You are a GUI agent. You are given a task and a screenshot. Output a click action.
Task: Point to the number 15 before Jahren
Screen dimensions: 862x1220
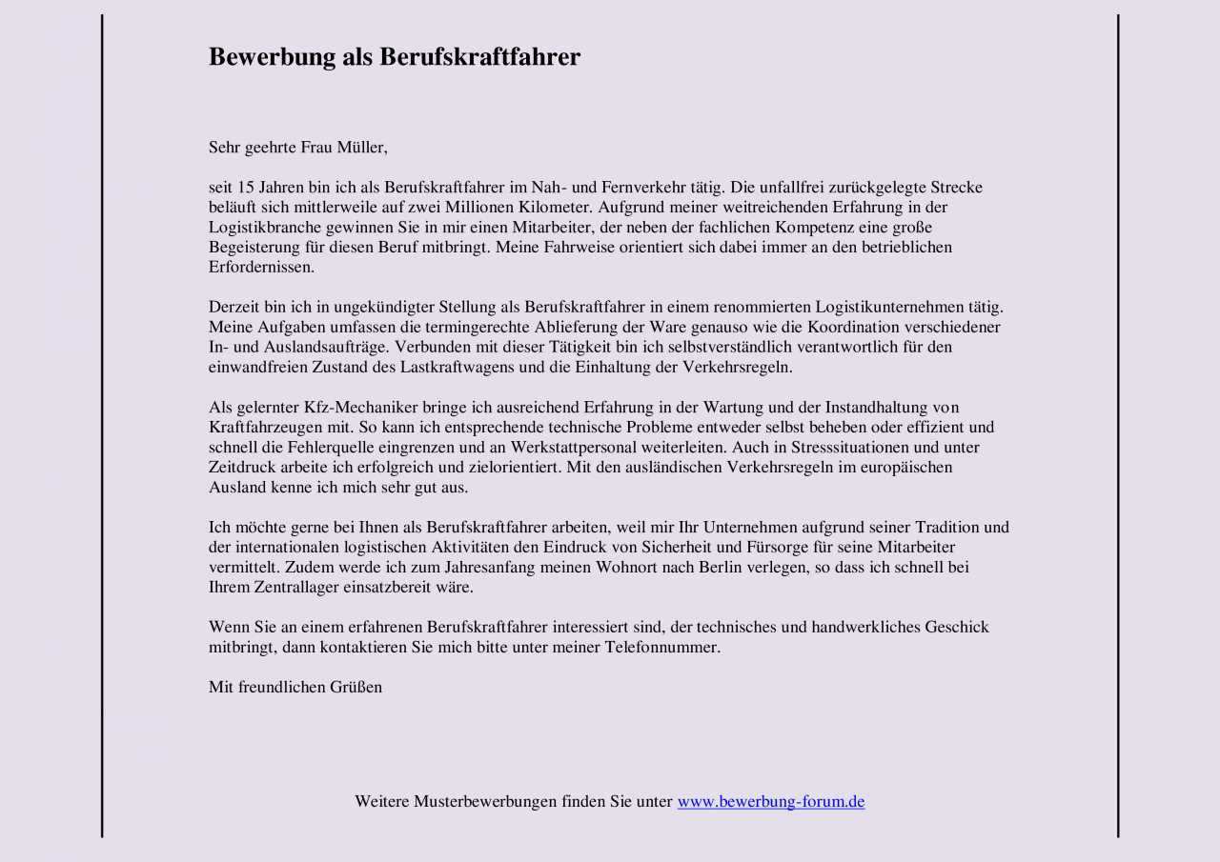point(245,188)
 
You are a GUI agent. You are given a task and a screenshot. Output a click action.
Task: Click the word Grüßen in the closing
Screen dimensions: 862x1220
point(356,688)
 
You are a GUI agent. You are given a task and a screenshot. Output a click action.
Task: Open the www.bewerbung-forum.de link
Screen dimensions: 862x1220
point(771,802)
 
